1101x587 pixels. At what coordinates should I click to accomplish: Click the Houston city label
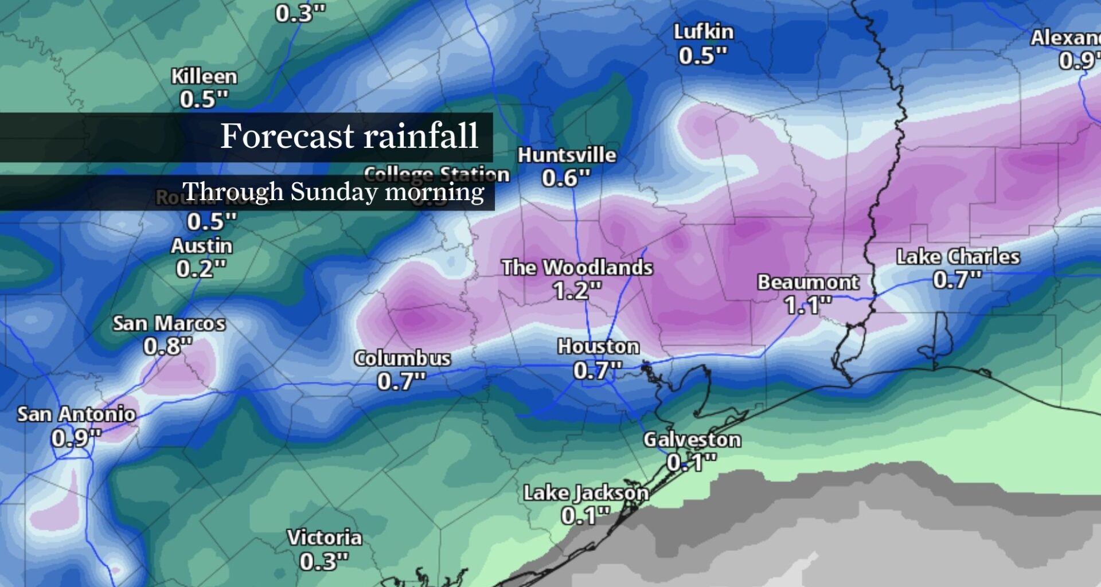point(598,346)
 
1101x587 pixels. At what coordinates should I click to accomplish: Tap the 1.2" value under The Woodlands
point(577,291)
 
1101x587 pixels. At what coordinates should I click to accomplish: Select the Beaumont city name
point(808,282)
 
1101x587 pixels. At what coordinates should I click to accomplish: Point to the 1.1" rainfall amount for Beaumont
point(808,305)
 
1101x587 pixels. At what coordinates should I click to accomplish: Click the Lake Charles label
point(958,257)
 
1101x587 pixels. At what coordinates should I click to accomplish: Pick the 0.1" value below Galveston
point(692,462)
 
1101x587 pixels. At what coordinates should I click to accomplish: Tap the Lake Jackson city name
point(585,493)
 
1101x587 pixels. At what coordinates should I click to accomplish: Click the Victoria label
point(324,538)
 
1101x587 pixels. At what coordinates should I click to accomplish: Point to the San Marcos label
point(169,323)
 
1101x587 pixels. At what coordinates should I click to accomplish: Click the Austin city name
point(201,246)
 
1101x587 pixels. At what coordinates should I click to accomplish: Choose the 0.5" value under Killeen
point(204,99)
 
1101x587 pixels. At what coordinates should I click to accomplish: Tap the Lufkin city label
point(703,32)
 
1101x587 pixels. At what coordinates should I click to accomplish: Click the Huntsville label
point(567,155)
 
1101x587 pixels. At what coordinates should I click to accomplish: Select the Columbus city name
point(402,358)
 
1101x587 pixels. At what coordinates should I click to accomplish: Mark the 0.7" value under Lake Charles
point(957,280)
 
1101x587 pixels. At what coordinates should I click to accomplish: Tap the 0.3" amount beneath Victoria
point(323,561)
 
